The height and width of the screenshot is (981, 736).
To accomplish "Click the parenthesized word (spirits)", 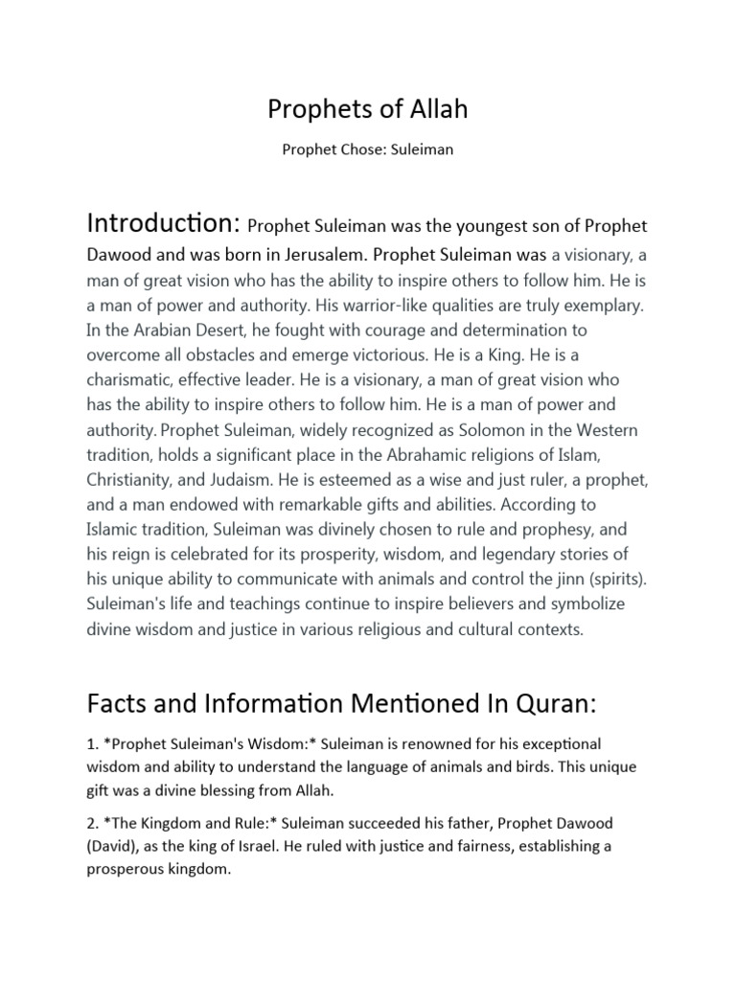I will pyautogui.click(x=598, y=580).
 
